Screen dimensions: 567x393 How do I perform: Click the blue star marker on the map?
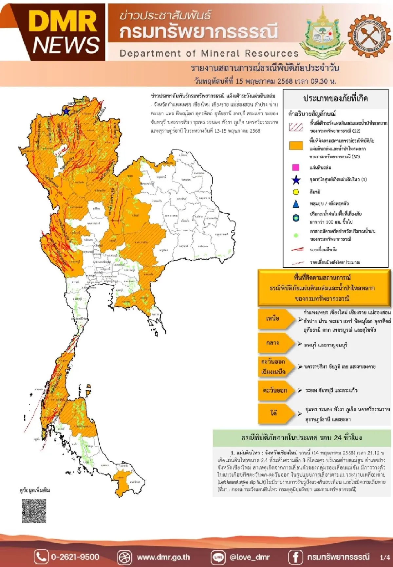[66, 111]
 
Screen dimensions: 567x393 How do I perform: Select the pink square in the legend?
[295, 167]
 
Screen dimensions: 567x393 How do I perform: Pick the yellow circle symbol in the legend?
[296, 192]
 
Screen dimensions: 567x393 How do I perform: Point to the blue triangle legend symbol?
[295, 204]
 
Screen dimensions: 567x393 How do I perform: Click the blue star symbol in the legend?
[296, 180]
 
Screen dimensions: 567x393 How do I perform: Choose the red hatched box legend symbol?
[296, 127]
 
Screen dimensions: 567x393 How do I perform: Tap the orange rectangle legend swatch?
[296, 146]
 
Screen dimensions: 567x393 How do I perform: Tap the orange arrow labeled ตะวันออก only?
[275, 390]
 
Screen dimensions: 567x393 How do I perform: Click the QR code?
[34, 511]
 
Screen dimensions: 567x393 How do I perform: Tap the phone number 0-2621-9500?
[75, 557]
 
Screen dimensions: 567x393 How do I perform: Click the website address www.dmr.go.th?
[163, 557]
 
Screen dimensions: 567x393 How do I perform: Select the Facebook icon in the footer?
[295, 557]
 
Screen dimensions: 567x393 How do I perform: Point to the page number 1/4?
[384, 557]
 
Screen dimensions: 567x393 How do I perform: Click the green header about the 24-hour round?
[301, 438]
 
